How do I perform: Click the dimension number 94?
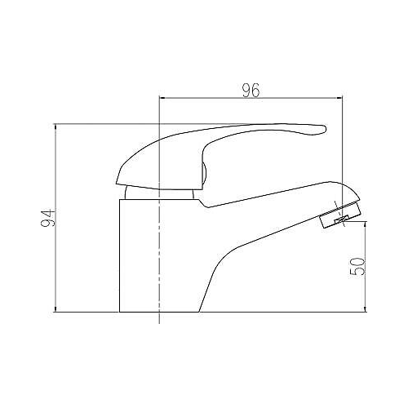tap(47, 218)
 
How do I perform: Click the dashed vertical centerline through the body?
tap(157, 245)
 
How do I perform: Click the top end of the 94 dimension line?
tap(55, 125)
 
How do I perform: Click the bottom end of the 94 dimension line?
tap(55, 311)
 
